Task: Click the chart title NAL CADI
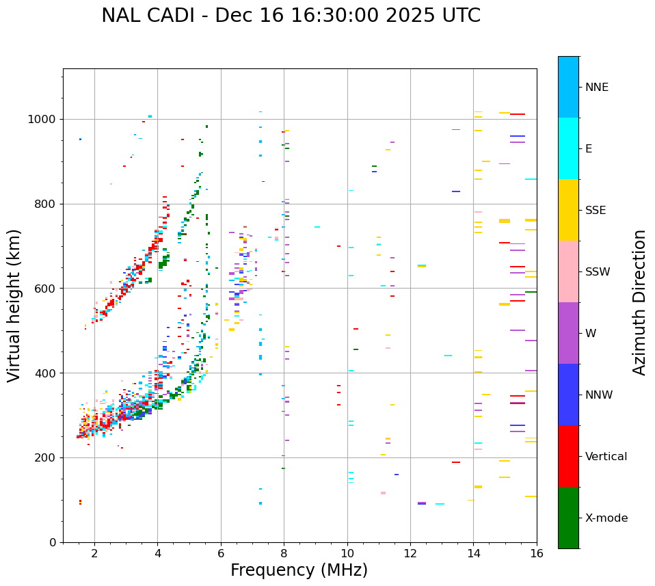[x=147, y=16]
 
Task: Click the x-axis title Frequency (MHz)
[x=299, y=570]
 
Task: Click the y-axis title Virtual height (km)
[x=14, y=306]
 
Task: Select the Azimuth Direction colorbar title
[x=639, y=302]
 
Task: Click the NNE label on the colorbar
[x=597, y=88]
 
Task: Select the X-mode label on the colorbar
[x=606, y=518]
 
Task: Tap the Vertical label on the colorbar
[x=606, y=457]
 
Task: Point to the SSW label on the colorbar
[x=598, y=272]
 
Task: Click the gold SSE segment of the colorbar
[x=568, y=210]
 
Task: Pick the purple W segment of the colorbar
[x=568, y=333]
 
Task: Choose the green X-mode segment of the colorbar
[x=568, y=518]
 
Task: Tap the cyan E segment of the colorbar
[x=568, y=148]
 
